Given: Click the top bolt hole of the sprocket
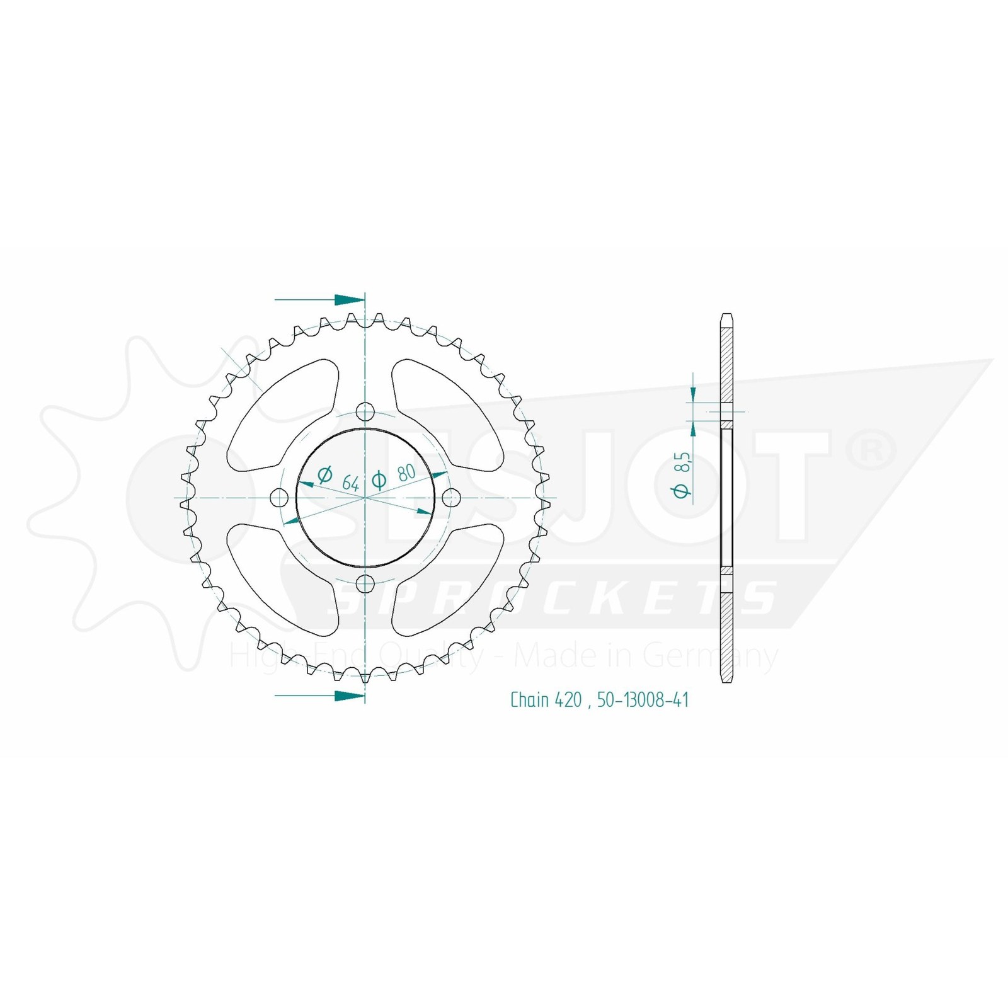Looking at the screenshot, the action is pyautogui.click(x=365, y=413).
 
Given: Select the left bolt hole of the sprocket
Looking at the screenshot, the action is pyautogui.click(x=278, y=498).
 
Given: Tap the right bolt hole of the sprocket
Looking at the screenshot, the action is pyautogui.click(x=450, y=498).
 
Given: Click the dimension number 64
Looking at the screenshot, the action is pyautogui.click(x=351, y=484).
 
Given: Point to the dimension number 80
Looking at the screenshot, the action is pyautogui.click(x=406, y=472).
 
